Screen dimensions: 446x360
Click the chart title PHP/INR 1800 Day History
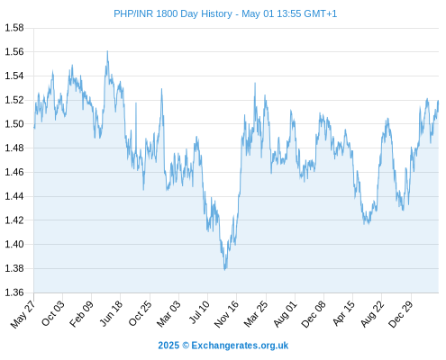click(x=173, y=13)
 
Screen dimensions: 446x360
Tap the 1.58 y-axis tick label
click(x=14, y=28)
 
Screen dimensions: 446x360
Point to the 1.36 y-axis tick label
click(x=14, y=292)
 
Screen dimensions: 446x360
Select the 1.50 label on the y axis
click(x=14, y=123)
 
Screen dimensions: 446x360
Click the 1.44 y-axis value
click(x=14, y=196)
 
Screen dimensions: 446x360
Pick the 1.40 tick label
click(x=14, y=244)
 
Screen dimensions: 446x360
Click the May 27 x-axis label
click(x=23, y=313)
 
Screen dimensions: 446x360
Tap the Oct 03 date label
click(x=53, y=313)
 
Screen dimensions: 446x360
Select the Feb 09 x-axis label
click(x=81, y=313)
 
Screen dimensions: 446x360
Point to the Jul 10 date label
click(x=199, y=312)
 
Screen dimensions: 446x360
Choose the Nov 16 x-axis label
click(x=226, y=314)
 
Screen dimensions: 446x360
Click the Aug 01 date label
click(x=285, y=314)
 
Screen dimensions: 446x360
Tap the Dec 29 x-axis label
click(x=401, y=314)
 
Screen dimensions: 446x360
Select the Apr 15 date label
click(x=343, y=313)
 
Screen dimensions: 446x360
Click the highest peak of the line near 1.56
click(x=107, y=51)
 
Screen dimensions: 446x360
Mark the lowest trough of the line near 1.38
click(x=224, y=269)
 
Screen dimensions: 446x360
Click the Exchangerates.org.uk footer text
click(x=240, y=346)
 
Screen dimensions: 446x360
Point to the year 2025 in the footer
click(x=168, y=346)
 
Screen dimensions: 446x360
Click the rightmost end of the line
click(x=438, y=101)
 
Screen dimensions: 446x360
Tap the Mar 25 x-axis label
click(x=255, y=314)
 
